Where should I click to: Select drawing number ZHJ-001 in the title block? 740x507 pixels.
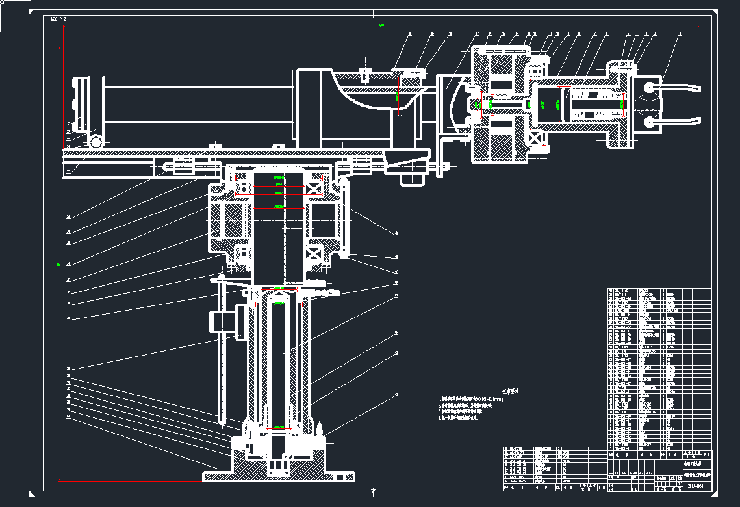[694, 486]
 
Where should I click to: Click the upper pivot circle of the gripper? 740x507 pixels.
[649, 86]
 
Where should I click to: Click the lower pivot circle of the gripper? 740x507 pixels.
[649, 121]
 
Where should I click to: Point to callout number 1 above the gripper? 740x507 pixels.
[680, 33]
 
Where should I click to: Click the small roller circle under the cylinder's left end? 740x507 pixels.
[97, 141]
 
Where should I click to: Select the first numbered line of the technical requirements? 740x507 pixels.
[471, 398]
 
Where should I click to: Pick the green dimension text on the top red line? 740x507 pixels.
[381, 26]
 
